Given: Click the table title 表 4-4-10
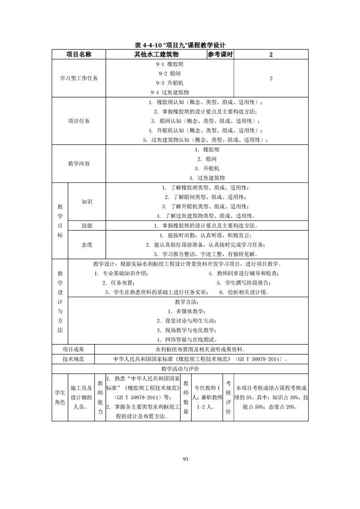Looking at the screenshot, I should (x=180, y=45).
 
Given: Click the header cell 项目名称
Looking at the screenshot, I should (x=79, y=54).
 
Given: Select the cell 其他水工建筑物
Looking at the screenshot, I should (x=156, y=54).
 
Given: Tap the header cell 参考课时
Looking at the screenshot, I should (x=220, y=54).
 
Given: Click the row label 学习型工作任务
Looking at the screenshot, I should (x=79, y=78).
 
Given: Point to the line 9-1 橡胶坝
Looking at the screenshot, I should (x=169, y=64).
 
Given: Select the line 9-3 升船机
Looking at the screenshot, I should (x=169, y=83).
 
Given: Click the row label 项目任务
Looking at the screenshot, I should (x=79, y=121).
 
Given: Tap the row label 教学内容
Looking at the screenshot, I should (x=79, y=163).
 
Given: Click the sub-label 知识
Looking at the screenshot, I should (x=87, y=201).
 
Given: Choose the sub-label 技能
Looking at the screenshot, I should (x=87, y=225).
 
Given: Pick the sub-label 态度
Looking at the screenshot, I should (x=87, y=245).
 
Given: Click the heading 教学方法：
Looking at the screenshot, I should (x=187, y=302).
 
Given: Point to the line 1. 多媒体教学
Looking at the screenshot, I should (x=187, y=311).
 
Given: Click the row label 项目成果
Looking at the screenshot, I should (x=74, y=350).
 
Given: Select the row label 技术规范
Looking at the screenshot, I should (x=74, y=359).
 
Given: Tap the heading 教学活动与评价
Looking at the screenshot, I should (x=180, y=369).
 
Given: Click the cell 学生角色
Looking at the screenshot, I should (x=59, y=397).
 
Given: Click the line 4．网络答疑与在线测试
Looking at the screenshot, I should (x=187, y=339).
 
